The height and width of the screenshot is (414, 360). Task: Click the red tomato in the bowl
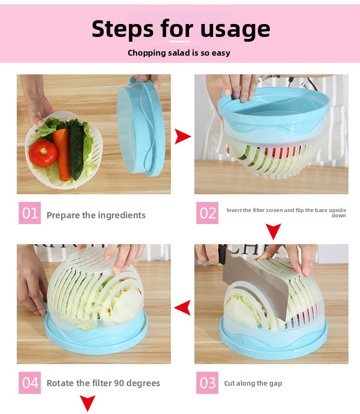(43, 153)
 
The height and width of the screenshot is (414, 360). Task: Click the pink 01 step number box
(30, 213)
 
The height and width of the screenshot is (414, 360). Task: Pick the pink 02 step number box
(207, 213)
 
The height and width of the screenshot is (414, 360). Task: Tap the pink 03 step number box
(207, 383)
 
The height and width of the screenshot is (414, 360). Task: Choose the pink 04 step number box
(30, 383)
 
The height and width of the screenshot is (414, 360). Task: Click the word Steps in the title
(122, 29)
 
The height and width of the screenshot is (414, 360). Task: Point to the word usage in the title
(235, 30)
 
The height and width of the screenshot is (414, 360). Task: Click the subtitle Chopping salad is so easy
(179, 53)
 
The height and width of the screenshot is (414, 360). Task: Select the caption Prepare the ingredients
(96, 215)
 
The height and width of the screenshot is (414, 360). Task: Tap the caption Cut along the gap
(253, 383)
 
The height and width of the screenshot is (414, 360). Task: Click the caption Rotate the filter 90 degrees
(103, 383)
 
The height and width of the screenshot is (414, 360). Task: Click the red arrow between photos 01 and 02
(182, 137)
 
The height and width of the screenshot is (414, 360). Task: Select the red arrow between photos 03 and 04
(183, 308)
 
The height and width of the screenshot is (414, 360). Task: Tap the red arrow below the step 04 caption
(87, 403)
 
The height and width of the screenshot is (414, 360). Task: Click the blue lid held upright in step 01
(141, 127)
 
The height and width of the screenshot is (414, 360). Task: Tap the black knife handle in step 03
(222, 254)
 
